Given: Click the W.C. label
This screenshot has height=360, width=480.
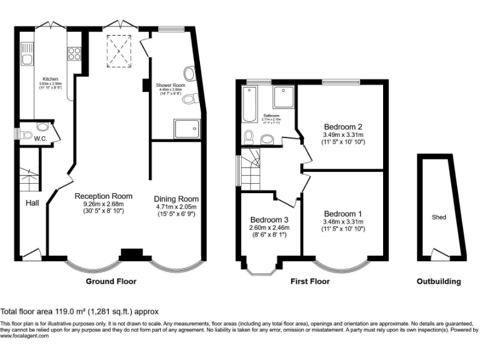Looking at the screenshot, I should pos(41,138).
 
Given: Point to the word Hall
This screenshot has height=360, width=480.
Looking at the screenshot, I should pos(33,202).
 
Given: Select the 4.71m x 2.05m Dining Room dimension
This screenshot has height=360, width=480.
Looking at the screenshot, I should pos(176,207).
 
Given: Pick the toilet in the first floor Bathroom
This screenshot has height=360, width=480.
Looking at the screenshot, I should pos(249,136).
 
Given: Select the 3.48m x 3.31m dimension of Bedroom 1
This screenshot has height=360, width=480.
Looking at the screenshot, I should pos(343,221).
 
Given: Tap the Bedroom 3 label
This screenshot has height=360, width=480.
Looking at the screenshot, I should pos(269,220).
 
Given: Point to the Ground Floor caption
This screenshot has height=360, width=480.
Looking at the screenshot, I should pos(111,281).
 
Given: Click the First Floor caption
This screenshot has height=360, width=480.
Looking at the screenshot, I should pos(310,281).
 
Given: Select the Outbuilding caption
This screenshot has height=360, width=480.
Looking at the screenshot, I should pos(439,281).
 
